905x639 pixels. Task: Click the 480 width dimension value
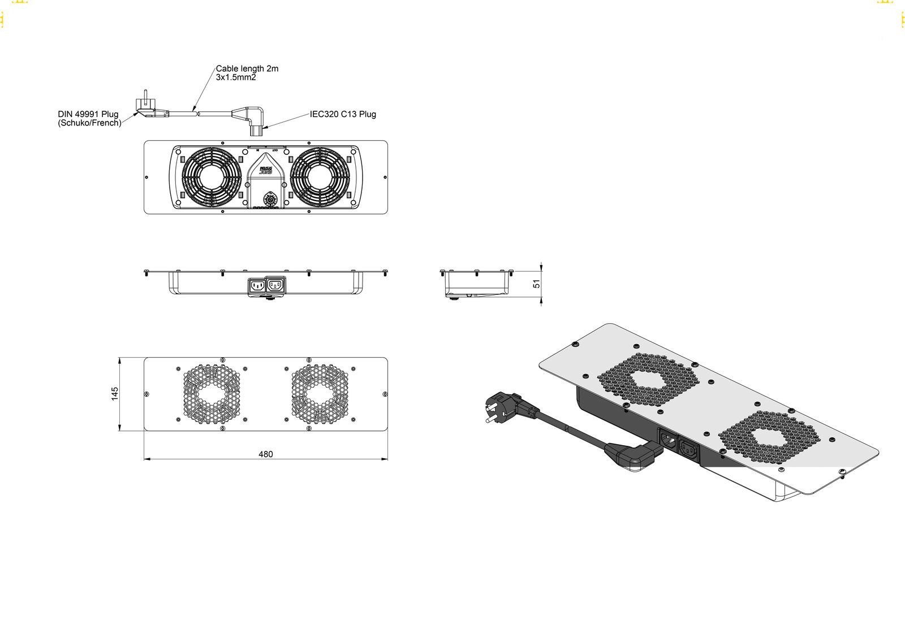click(x=266, y=454)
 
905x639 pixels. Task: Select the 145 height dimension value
click(x=115, y=394)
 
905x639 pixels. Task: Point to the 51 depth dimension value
click(x=537, y=284)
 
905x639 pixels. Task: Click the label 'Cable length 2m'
click(x=247, y=68)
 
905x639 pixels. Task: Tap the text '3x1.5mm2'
click(x=236, y=77)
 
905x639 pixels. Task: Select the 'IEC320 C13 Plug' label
click(x=343, y=114)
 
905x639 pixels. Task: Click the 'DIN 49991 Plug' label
click(x=88, y=114)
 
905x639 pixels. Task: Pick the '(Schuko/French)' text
click(x=89, y=123)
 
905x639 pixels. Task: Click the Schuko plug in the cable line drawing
click(x=146, y=107)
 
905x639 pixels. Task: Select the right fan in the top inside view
click(x=320, y=177)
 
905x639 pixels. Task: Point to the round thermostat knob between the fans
click(x=270, y=199)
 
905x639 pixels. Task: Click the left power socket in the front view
click(x=257, y=285)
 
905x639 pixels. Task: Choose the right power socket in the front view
click(x=275, y=285)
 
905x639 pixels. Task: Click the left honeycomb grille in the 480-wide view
click(x=212, y=394)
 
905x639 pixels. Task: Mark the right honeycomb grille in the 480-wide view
click(x=320, y=394)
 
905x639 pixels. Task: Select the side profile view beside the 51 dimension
click(x=476, y=284)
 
